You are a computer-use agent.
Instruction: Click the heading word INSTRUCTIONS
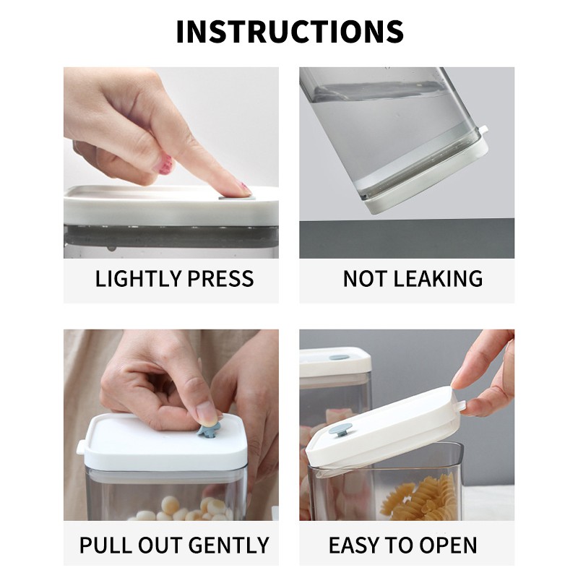[290, 31]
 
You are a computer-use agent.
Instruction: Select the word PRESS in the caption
[220, 278]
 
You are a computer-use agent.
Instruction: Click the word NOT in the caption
[365, 278]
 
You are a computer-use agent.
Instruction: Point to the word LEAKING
[439, 278]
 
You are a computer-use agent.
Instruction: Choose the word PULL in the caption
[105, 545]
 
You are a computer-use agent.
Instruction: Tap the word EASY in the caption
[353, 545]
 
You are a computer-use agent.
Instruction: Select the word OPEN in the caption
[448, 545]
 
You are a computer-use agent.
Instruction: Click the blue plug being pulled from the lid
[209, 429]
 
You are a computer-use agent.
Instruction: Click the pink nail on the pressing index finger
[244, 189]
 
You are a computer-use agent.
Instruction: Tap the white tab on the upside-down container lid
[483, 130]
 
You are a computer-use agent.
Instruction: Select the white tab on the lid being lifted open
[461, 405]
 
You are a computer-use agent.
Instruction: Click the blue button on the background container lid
[339, 357]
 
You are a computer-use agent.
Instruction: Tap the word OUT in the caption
[162, 545]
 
